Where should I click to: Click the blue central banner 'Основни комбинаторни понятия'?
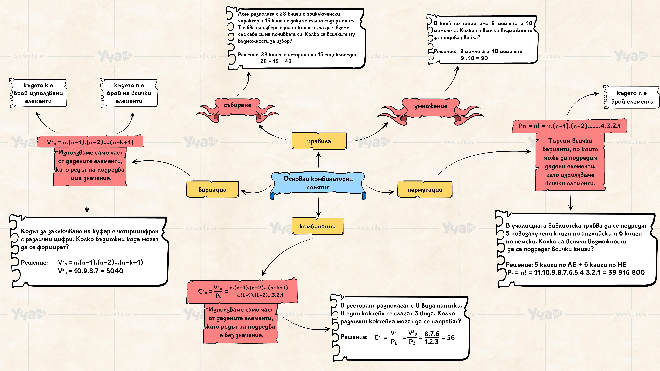[318, 183]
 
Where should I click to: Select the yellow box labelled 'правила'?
[319, 141]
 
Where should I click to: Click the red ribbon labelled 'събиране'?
[237, 105]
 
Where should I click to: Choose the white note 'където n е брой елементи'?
[632, 97]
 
